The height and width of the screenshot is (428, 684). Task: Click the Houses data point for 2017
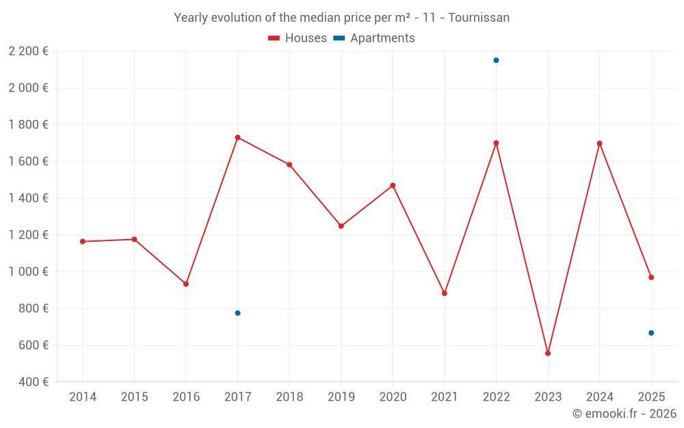[x=237, y=138]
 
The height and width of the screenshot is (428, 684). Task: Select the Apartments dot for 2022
[x=496, y=60]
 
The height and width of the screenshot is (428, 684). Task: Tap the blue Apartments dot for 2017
[x=237, y=313]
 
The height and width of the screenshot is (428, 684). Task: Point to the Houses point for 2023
[x=548, y=353]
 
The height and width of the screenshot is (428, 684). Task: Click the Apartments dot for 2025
[x=651, y=333]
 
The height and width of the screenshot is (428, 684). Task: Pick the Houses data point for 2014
[x=82, y=242]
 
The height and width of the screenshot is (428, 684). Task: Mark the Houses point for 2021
[x=445, y=293]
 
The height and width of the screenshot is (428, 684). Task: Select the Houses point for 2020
[x=393, y=186]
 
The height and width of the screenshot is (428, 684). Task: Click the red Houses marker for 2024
[x=600, y=144]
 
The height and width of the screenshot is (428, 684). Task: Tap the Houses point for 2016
[x=186, y=284]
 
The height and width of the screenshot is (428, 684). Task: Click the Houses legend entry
[x=298, y=38]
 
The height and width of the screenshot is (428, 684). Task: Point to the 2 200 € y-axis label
[x=28, y=51]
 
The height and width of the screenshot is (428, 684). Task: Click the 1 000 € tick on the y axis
[x=28, y=271]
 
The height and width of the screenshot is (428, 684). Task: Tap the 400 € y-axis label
[x=33, y=381]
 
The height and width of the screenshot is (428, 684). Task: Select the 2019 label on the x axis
[x=341, y=397]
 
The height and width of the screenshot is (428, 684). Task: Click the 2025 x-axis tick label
[x=651, y=397]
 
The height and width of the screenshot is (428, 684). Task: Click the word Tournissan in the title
[x=479, y=18]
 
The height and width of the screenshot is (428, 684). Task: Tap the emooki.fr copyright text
[x=624, y=414]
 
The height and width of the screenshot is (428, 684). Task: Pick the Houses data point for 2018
[x=289, y=165]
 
